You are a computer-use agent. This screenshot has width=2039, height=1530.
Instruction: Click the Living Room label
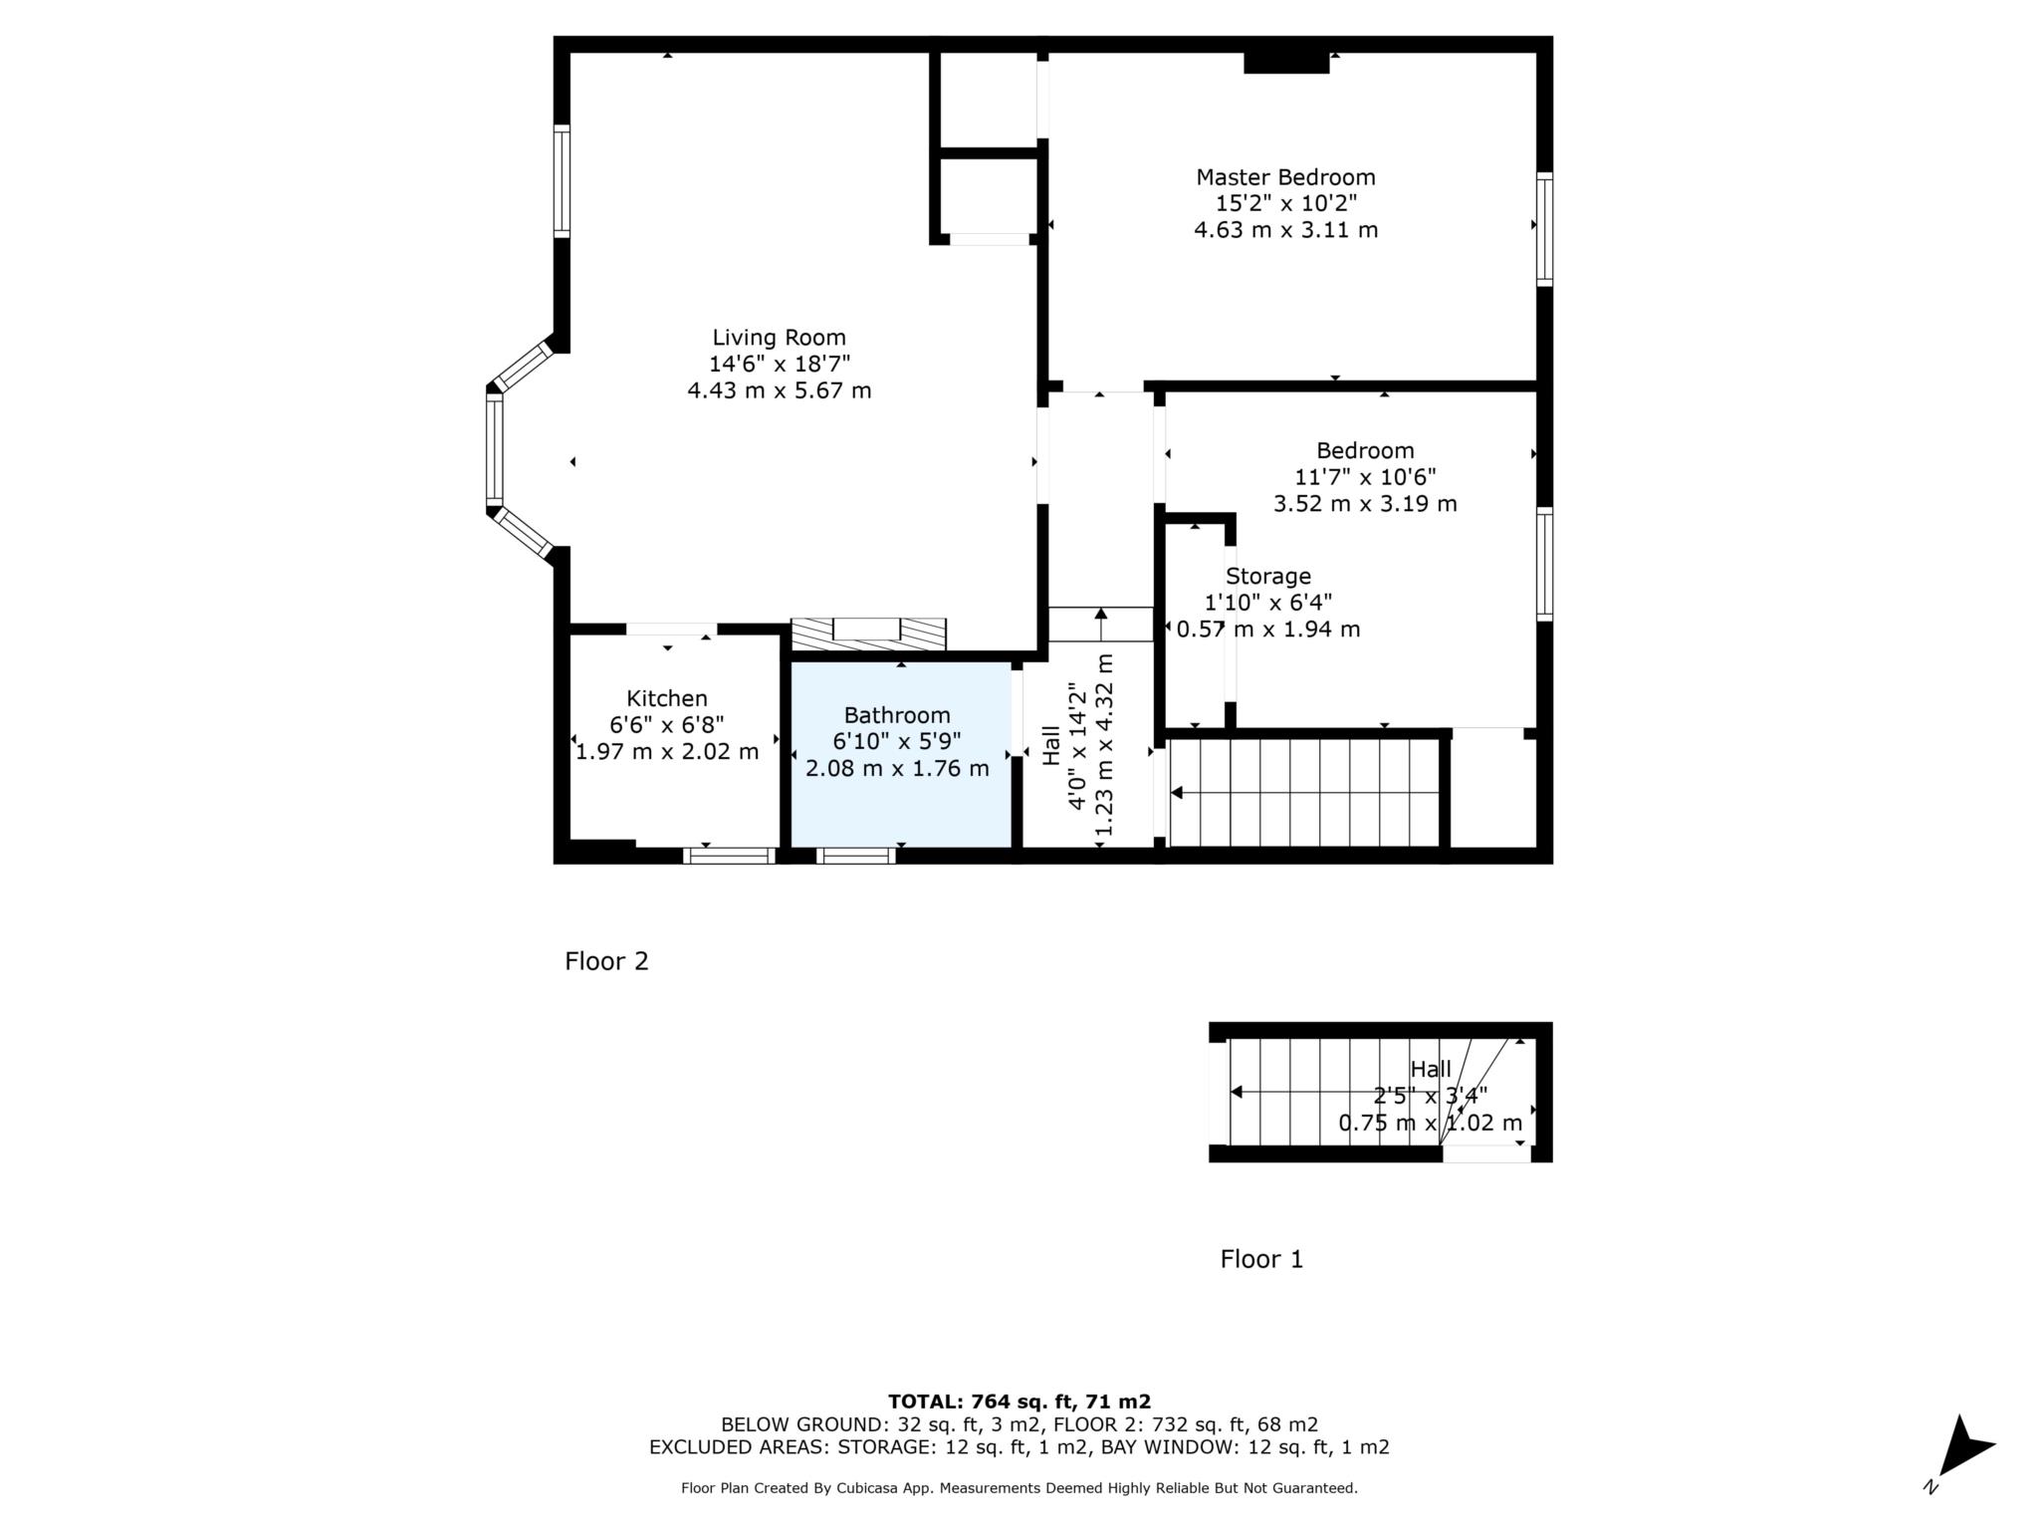pyautogui.click(x=780, y=338)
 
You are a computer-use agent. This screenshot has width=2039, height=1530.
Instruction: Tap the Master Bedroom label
pyautogui.click(x=1285, y=177)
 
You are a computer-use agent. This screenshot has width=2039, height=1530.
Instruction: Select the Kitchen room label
pyautogui.click(x=667, y=699)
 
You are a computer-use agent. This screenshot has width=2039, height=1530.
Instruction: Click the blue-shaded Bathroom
pyautogui.click(x=901, y=754)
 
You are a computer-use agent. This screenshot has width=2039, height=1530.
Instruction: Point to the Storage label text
pyautogui.click(x=1267, y=577)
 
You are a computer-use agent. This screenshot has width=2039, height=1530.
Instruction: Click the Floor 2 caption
pyautogui.click(x=606, y=961)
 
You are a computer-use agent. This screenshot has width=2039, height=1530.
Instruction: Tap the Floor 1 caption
pyautogui.click(x=1261, y=1259)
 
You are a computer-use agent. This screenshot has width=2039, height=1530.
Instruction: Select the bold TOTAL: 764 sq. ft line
pyautogui.click(x=1019, y=1402)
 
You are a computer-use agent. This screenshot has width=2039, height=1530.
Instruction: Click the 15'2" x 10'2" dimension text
pyautogui.click(x=1285, y=203)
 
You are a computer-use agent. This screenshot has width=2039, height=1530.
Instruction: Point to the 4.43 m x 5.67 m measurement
pyautogui.click(x=780, y=390)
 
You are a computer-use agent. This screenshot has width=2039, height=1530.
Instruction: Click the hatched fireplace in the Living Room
pyautogui.click(x=868, y=635)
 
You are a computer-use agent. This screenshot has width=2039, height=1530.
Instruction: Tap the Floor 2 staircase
pyautogui.click(x=1304, y=793)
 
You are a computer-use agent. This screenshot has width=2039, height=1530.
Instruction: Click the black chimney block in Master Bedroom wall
pyautogui.click(x=1286, y=62)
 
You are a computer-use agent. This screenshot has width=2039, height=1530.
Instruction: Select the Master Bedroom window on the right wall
pyautogui.click(x=1544, y=229)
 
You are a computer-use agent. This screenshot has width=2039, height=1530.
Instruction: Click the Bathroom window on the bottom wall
pyautogui.click(x=855, y=856)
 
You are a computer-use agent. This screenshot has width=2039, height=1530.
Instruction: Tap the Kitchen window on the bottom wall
pyautogui.click(x=730, y=856)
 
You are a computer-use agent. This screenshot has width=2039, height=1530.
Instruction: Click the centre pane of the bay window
pyautogui.click(x=494, y=450)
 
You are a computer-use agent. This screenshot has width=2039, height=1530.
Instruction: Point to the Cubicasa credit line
pyautogui.click(x=1019, y=1488)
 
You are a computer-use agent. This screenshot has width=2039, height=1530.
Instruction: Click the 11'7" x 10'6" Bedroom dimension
pyautogui.click(x=1365, y=477)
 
